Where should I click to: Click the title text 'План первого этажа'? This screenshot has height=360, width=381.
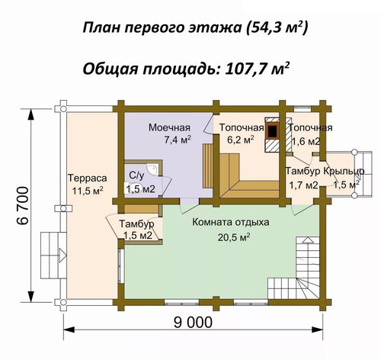tap(162, 28)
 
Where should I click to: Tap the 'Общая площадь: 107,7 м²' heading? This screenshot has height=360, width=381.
tap(186, 69)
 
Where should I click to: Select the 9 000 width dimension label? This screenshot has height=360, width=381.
tap(193, 323)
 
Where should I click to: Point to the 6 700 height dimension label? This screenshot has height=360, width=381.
tap(23, 205)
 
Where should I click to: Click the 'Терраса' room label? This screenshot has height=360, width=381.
tap(88, 178)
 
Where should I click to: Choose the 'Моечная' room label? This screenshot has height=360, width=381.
tap(169, 127)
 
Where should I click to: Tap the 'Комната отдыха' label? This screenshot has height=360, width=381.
tap(231, 222)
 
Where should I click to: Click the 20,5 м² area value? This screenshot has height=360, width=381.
tap(234, 237)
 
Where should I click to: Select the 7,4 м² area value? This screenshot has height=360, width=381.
tap(178, 140)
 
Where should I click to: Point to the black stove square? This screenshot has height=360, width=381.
tap(273, 131)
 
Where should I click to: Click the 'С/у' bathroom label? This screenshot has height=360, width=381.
tap(136, 175)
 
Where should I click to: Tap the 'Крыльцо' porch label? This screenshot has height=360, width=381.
tap(344, 171)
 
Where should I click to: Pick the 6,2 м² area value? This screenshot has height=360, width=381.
tap(241, 140)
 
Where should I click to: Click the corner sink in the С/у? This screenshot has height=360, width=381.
tap(153, 169)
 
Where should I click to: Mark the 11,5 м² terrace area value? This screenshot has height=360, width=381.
tap(88, 191)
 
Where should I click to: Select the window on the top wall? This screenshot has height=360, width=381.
tap(303, 109)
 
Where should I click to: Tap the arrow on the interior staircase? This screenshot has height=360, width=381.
tap(307, 240)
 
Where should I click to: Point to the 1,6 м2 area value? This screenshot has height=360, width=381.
tap(306, 141)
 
